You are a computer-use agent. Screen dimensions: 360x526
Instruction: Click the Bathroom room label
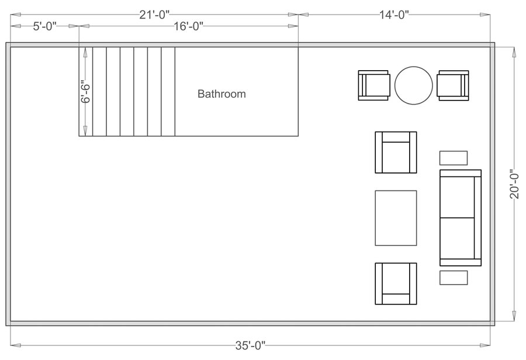point(222,94)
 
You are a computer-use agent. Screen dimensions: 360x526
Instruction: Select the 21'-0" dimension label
point(154,15)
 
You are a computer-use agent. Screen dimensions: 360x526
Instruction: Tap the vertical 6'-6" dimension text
point(85,92)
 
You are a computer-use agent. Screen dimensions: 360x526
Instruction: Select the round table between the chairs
point(413,85)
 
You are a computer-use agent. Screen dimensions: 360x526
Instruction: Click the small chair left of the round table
point(373,85)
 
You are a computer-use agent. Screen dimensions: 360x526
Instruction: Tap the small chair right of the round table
point(453,85)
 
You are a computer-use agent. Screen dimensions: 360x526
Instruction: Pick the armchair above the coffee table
point(396,153)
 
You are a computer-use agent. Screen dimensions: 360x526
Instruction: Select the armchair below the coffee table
point(396,283)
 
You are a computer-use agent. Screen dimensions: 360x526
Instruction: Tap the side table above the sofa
point(453,158)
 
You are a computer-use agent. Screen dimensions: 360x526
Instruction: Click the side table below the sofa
point(453,278)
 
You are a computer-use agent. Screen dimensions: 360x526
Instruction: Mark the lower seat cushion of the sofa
point(456,237)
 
